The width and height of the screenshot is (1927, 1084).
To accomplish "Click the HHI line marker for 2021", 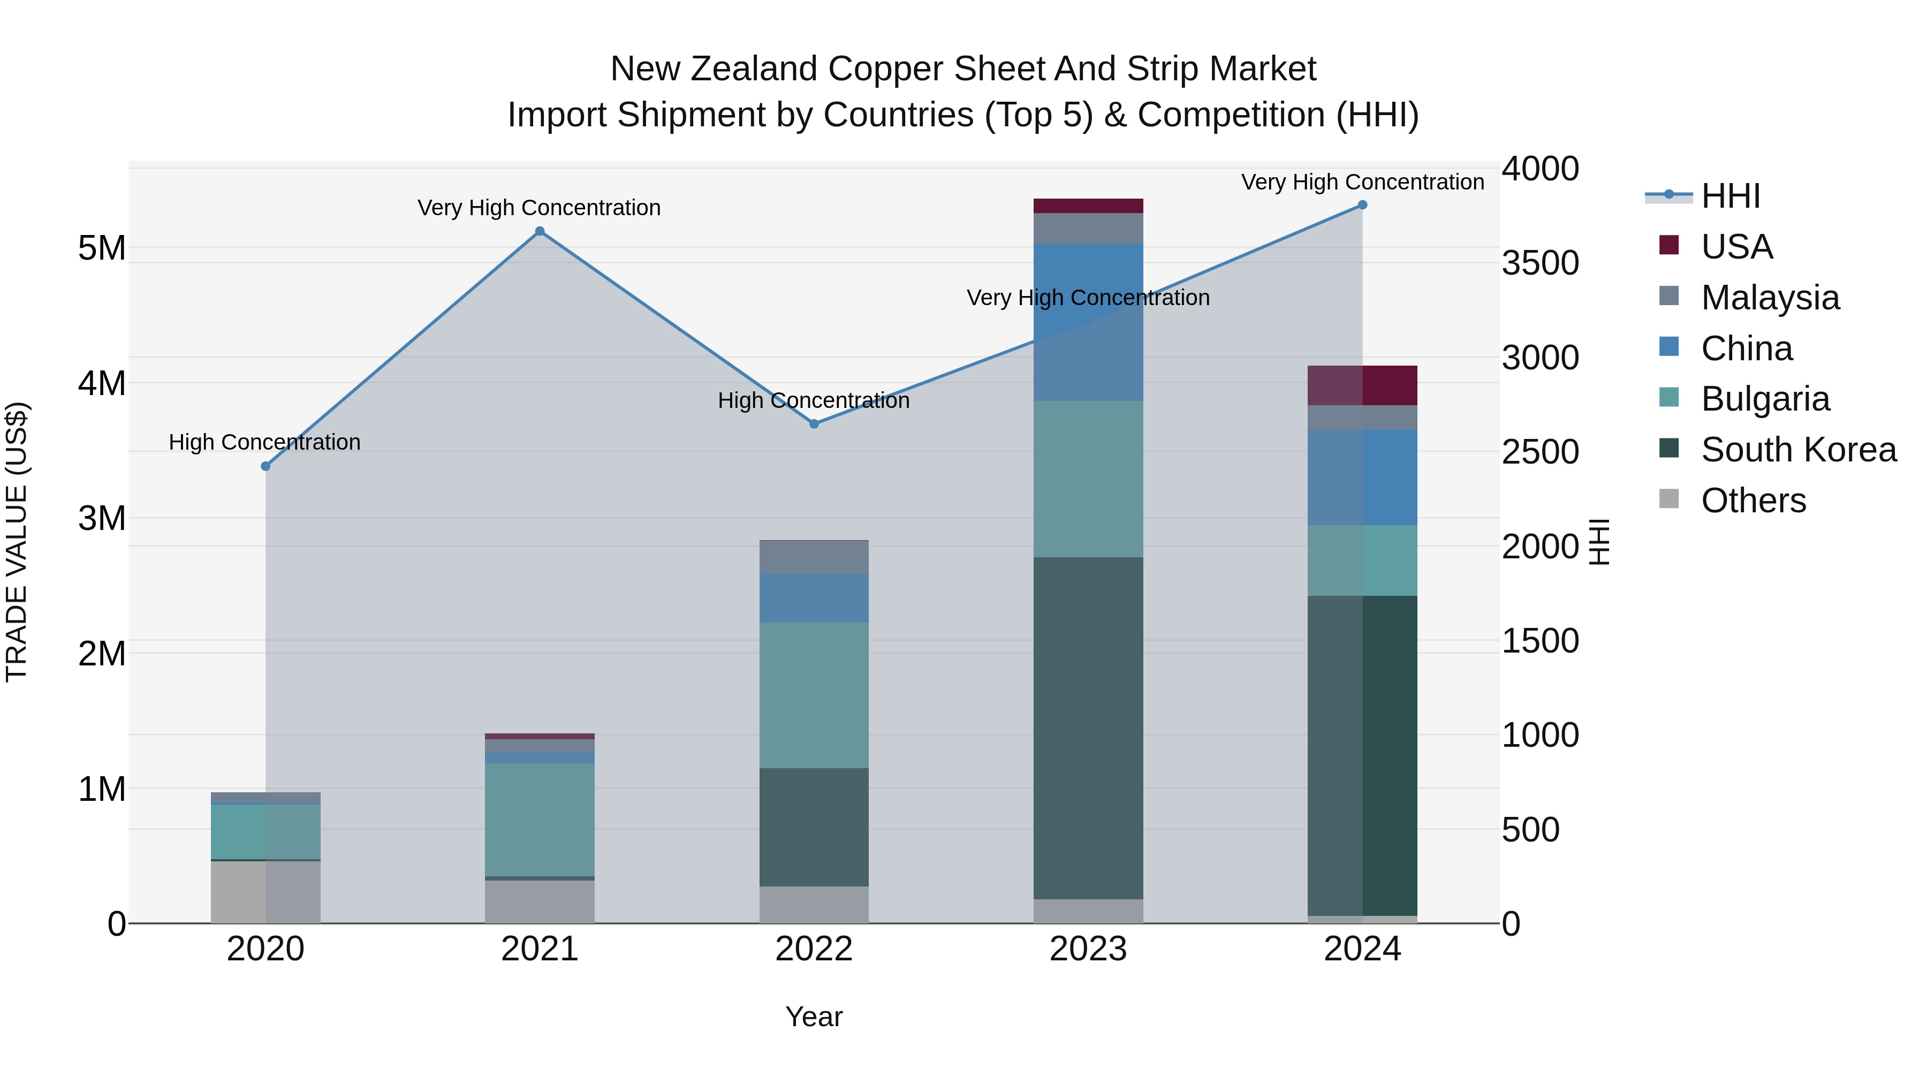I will pyautogui.click(x=540, y=231).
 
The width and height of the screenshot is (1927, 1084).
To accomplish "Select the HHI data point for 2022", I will pyautogui.click(x=814, y=424).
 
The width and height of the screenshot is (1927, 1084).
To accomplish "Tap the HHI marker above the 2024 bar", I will pyautogui.click(x=1362, y=205).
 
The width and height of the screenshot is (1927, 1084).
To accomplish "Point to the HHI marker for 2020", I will pyautogui.click(x=265, y=466).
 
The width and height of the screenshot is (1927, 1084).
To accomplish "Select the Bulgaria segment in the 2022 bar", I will pyautogui.click(x=814, y=695).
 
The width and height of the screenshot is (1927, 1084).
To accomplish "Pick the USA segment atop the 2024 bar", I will pyautogui.click(x=1362, y=385).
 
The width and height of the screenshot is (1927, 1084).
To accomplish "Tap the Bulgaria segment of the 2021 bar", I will pyautogui.click(x=540, y=819).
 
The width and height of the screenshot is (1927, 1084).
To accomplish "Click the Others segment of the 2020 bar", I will pyautogui.click(x=265, y=892).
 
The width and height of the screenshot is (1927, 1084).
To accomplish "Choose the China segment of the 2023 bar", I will pyautogui.click(x=1088, y=322).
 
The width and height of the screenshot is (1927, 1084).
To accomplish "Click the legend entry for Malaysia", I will pyautogui.click(x=1770, y=298).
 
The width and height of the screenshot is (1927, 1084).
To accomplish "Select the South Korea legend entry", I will pyautogui.click(x=1799, y=450).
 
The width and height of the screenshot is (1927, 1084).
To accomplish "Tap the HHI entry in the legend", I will pyautogui.click(x=1730, y=196).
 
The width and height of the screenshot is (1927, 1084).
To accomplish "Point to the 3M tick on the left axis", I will pyautogui.click(x=102, y=518).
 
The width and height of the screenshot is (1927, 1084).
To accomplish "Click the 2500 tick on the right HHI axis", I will pyautogui.click(x=1540, y=452).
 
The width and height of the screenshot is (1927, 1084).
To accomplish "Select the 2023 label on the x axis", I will pyautogui.click(x=1088, y=949).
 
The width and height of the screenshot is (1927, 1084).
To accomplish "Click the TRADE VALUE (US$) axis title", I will pyautogui.click(x=17, y=542).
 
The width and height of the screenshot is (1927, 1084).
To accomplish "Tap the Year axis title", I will pyautogui.click(x=814, y=1017).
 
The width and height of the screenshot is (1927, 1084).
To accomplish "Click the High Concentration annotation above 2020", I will pyautogui.click(x=265, y=442).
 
